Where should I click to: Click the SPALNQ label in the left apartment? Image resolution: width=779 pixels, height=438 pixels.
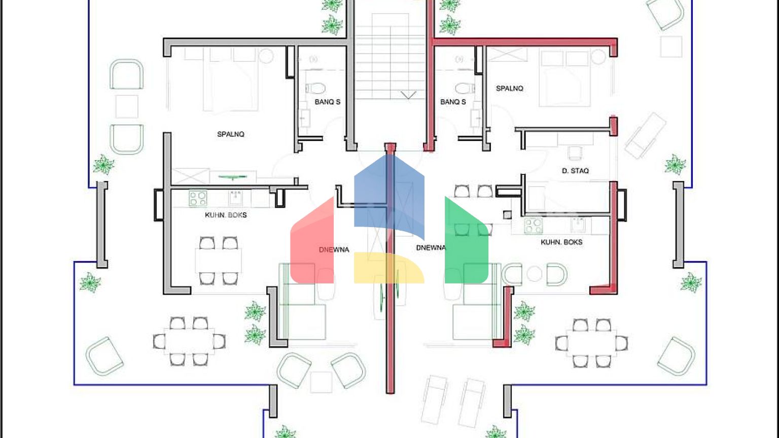[231, 134]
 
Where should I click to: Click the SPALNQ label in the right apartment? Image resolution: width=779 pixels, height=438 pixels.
[510, 88]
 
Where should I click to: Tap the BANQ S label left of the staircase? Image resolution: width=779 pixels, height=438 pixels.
[327, 102]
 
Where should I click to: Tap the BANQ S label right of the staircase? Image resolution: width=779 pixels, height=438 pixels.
[453, 102]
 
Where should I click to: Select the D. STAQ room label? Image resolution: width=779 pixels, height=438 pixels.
[575, 171]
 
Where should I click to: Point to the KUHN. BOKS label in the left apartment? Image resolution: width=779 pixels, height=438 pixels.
[226, 215]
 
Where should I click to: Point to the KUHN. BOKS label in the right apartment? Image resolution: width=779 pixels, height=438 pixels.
[561, 242]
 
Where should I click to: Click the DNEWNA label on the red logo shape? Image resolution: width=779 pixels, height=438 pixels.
[334, 249]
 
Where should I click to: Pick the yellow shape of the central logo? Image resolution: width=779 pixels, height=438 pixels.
[389, 268]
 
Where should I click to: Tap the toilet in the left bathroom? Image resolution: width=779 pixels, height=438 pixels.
[315, 88]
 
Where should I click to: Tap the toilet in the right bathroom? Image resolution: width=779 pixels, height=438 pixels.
[465, 88]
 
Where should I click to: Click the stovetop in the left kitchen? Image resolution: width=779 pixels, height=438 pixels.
[197, 199]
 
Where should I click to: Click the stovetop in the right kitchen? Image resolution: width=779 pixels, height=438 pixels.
[533, 226]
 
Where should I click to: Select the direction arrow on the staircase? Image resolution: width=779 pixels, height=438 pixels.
[408, 95]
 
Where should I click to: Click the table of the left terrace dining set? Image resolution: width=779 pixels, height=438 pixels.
[190, 341]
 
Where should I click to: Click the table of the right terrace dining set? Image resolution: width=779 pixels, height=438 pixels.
[591, 343]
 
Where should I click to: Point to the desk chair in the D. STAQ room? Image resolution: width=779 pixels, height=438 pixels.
[575, 153]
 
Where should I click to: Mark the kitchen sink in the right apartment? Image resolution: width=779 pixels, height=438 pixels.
[578, 225]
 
